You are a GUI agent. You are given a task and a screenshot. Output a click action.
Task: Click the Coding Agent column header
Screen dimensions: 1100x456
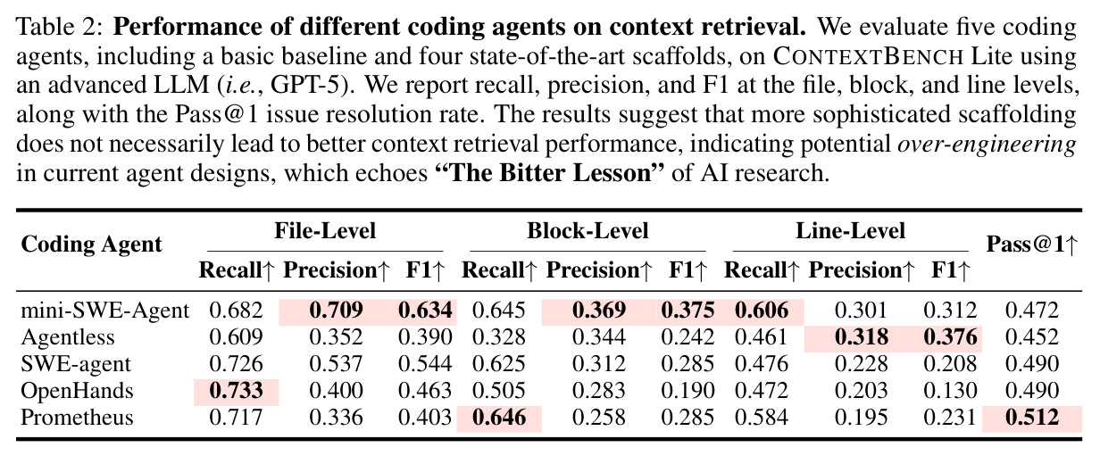tap(91, 245)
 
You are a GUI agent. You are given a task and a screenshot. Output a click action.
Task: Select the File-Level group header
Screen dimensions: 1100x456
tap(325, 231)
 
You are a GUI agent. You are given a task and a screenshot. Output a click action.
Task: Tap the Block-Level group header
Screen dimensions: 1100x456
tap(587, 231)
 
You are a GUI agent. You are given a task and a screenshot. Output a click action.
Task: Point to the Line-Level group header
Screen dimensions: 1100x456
tap(850, 231)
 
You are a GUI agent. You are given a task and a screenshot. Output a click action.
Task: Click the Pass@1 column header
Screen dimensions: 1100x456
tap(1032, 244)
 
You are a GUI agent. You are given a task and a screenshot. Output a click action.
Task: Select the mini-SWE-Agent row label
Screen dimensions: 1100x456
tap(104, 311)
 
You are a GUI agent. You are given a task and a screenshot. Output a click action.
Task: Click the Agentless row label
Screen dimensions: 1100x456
tap(67, 337)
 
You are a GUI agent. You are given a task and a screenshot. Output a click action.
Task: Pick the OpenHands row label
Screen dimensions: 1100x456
tap(77, 391)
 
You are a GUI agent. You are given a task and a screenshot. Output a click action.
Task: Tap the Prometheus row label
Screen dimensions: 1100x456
tap(77, 418)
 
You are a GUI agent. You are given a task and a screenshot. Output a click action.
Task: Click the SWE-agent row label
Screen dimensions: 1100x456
tap(76, 364)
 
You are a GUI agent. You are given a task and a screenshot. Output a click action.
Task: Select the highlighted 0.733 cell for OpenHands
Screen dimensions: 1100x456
tap(237, 391)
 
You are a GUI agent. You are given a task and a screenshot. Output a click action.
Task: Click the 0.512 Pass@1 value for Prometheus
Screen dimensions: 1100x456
tap(1032, 418)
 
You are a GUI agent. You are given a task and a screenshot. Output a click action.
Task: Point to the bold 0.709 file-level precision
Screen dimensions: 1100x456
tap(336, 311)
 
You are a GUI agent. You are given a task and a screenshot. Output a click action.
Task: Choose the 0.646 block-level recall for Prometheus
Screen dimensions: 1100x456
tap(499, 418)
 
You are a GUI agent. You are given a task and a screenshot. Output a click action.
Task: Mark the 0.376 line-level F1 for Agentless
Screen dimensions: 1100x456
tap(950, 337)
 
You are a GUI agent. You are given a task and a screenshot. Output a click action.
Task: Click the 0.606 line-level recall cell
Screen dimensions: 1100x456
tap(762, 311)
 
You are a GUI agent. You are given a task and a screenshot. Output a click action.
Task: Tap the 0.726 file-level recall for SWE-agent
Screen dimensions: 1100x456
tap(237, 364)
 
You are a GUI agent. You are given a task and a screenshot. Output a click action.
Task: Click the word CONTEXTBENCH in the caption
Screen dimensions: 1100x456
tap(868, 57)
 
